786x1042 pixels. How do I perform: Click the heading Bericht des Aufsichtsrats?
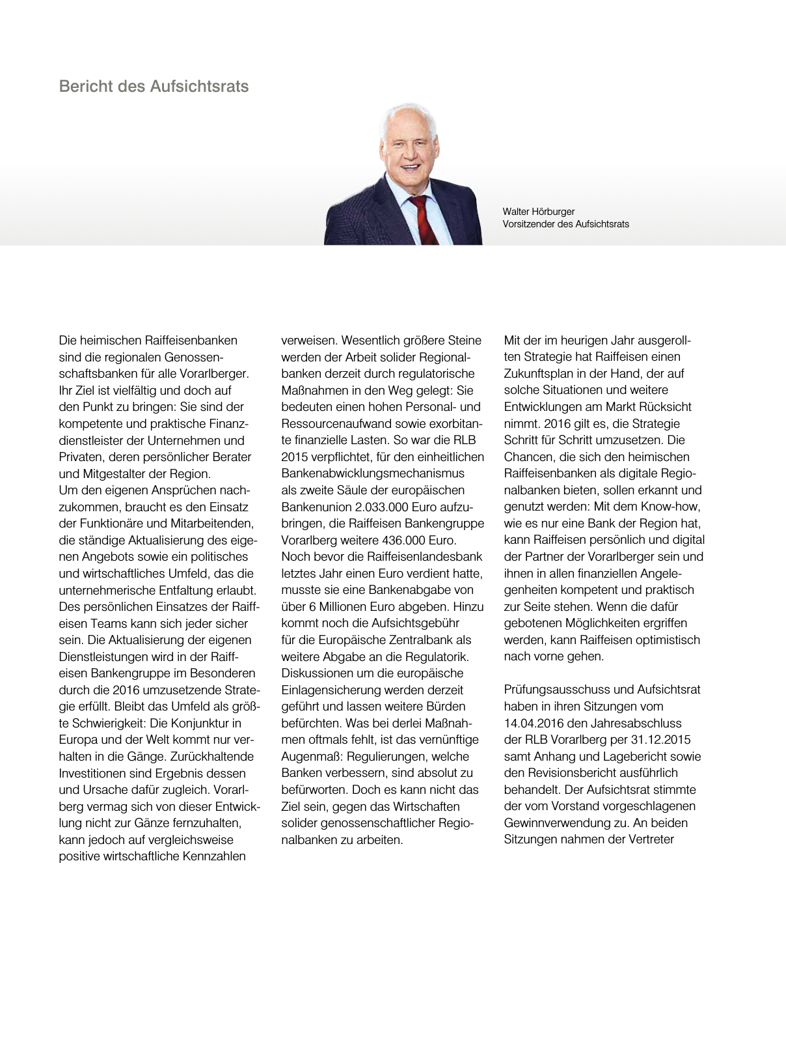[x=154, y=87]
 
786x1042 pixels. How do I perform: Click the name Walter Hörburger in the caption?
[x=538, y=212]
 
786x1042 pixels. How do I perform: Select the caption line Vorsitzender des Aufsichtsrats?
[x=565, y=224]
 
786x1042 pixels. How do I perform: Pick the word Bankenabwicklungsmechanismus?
[x=373, y=473]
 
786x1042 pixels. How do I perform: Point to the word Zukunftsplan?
[x=538, y=374]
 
